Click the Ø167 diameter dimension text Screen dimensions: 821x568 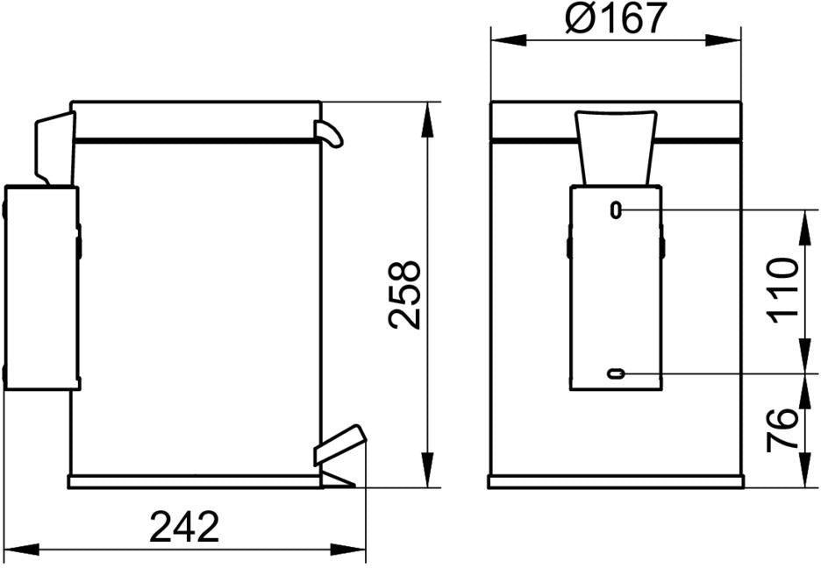tap(616, 18)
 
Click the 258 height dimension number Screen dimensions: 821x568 tap(405, 295)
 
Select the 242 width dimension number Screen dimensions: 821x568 tap(184, 527)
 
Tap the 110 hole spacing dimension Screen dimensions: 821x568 tap(783, 290)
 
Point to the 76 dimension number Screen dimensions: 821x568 tap(782, 430)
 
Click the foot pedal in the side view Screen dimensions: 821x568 tap(339, 445)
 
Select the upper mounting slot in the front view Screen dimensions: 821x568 tap(617, 210)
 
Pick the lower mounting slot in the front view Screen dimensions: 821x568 tap(616, 373)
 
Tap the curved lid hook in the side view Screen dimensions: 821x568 tap(328, 133)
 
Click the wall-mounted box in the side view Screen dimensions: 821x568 tap(42, 288)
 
